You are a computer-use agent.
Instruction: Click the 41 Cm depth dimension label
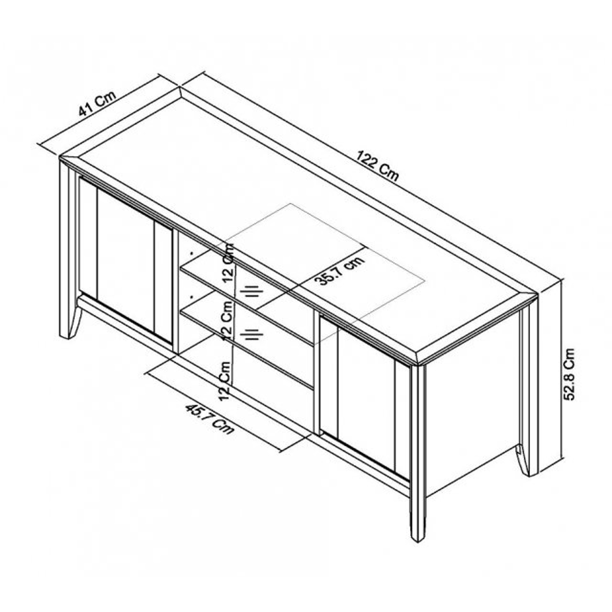[x=97, y=104]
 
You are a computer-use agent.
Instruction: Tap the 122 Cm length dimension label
[x=378, y=166]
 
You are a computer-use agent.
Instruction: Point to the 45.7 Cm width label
[x=209, y=419]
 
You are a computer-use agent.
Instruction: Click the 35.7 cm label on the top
[x=341, y=270]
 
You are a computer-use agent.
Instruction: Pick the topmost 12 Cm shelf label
[x=228, y=263]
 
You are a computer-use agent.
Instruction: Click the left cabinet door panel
[x=125, y=259]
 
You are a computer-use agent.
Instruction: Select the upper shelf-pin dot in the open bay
[x=192, y=253]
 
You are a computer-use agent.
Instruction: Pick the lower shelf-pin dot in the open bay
[x=192, y=297]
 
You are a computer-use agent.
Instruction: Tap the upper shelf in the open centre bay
[x=246, y=297]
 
